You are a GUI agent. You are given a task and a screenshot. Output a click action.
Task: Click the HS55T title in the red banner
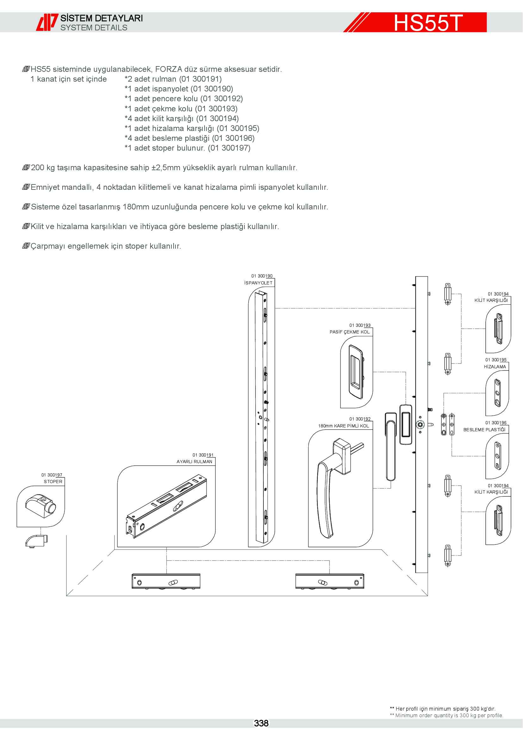[x=428, y=22]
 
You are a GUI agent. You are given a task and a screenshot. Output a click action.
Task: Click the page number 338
[x=261, y=723]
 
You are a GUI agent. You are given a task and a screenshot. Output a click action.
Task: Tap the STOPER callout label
[x=53, y=482]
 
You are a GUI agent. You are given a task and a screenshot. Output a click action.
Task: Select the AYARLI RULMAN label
[x=194, y=462]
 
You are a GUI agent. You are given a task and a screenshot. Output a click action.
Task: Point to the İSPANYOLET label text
[x=258, y=283]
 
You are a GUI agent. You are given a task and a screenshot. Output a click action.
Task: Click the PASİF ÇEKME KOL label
[x=349, y=332]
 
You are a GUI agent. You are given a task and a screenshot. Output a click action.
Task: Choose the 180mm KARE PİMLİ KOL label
[x=344, y=426]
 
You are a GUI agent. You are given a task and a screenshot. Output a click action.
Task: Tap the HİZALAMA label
[x=495, y=366]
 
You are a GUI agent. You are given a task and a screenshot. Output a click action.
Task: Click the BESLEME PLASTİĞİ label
[x=484, y=430]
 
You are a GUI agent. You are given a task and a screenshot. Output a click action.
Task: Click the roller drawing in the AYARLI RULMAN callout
[x=166, y=506]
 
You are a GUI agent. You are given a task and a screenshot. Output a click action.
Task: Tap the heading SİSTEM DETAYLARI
[x=102, y=18]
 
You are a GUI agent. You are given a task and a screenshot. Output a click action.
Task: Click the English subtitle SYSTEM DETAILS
[x=94, y=28]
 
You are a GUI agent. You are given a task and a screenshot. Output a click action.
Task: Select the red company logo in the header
[x=47, y=22]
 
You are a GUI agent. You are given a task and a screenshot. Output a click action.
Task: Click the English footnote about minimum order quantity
[x=446, y=716]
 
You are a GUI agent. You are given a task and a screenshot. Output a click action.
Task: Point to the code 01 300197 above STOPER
[x=52, y=475]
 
